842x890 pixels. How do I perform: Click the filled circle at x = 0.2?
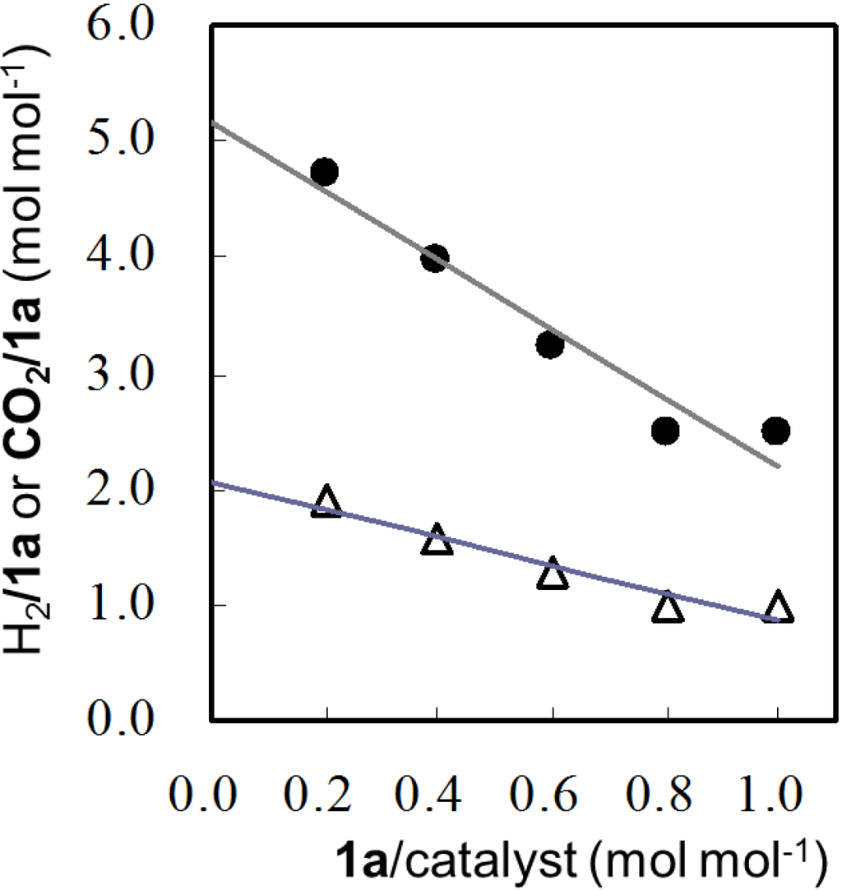(325, 172)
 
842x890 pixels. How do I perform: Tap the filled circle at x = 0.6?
(549, 345)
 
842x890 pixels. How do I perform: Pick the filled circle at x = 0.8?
(664, 430)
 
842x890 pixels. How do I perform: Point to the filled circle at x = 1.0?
(775, 430)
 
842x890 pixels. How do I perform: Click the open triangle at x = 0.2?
(326, 500)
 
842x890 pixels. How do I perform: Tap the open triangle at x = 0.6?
(553, 573)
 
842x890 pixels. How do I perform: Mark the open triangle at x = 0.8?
(667, 607)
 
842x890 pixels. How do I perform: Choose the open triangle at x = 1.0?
(777, 607)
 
